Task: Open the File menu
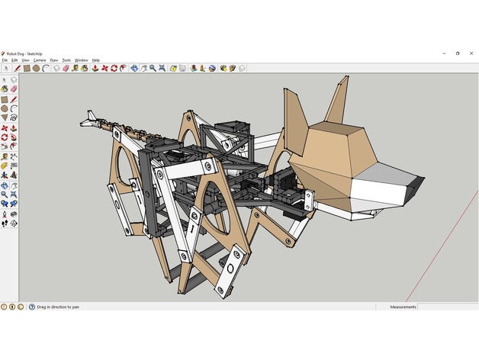(5, 59)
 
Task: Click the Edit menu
(14, 59)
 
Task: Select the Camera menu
(39, 59)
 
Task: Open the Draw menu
(53, 59)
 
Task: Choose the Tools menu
(66, 59)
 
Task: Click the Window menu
(81, 59)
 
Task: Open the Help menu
(95, 59)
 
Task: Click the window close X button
(471, 53)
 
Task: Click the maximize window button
(458, 53)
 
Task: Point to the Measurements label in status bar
(403, 307)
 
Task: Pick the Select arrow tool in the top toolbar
(7, 68)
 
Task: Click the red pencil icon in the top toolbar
(16, 68)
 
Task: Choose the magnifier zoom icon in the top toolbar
(153, 68)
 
